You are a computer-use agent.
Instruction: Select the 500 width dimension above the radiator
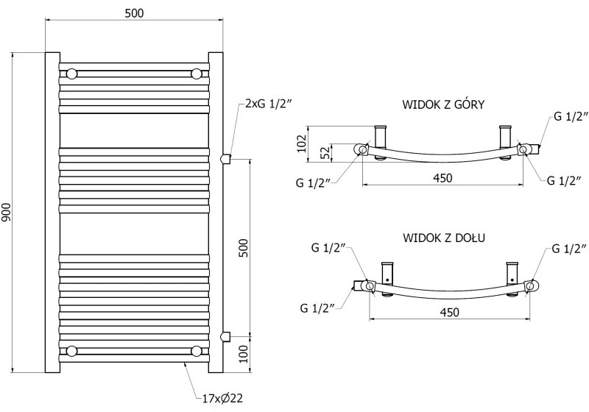134,13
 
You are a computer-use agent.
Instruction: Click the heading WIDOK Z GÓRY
442,104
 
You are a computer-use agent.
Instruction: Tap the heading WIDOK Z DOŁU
442,238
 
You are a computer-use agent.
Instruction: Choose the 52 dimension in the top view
322,152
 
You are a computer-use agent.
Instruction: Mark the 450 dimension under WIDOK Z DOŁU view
449,312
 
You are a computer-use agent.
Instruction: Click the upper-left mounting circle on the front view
71,74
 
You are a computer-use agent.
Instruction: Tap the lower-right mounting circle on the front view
197,350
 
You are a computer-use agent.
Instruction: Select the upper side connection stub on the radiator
227,157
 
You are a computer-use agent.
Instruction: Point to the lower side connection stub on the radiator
227,336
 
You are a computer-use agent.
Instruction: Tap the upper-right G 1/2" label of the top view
571,116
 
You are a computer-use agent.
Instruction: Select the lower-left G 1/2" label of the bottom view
319,306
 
